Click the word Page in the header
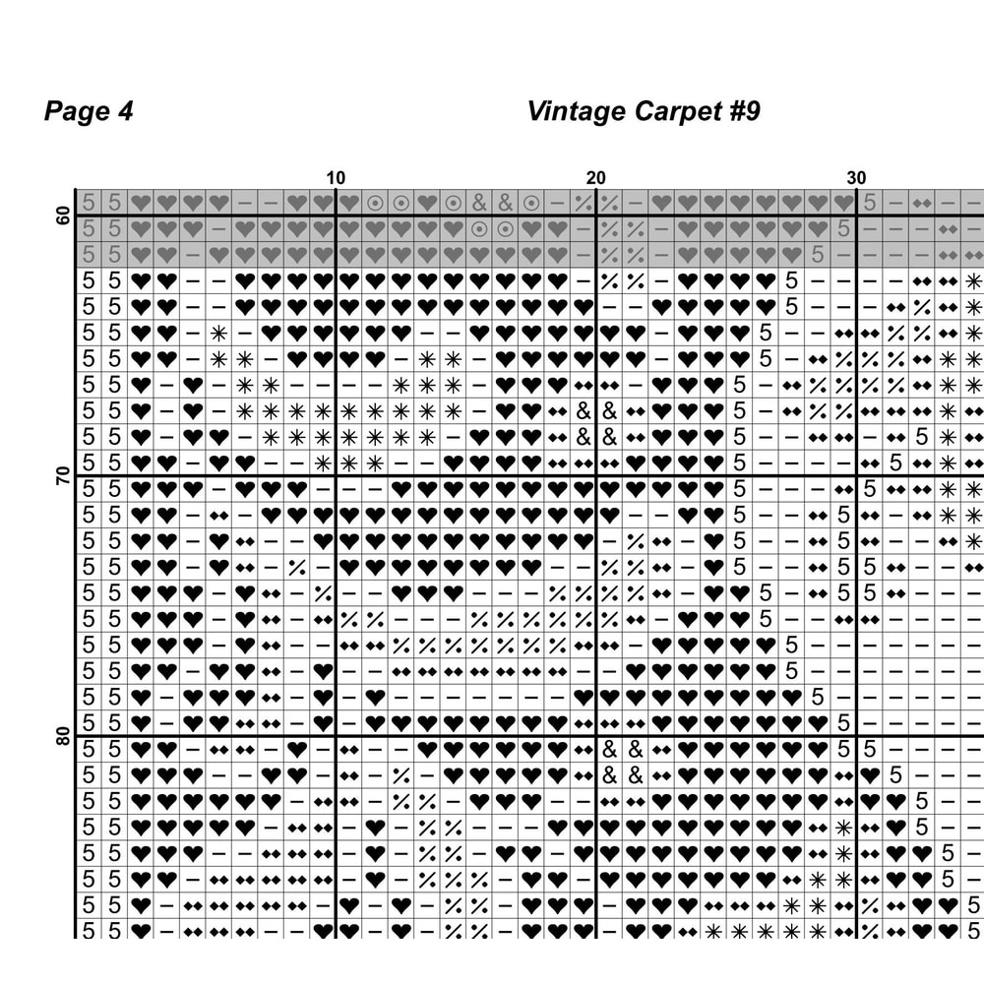click(76, 111)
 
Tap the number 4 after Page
click(125, 111)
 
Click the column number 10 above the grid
click(336, 178)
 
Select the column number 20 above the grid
click(596, 178)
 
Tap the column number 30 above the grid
click(857, 178)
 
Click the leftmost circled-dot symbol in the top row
click(375, 203)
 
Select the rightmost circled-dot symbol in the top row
click(531, 203)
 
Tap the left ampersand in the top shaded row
click(479, 203)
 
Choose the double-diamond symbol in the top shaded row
click(922, 203)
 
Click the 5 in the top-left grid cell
click(89, 203)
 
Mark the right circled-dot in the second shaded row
click(505, 228)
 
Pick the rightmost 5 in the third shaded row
click(818, 255)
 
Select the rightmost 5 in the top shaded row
click(870, 203)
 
